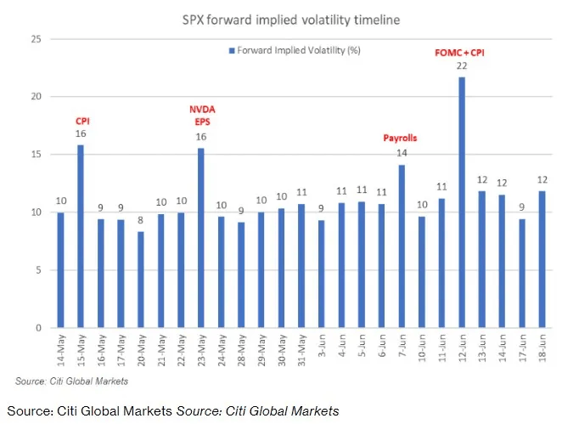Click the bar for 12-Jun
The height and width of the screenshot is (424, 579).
(x=462, y=202)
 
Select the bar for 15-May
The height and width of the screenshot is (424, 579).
(x=81, y=236)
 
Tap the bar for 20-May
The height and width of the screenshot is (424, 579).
(x=141, y=280)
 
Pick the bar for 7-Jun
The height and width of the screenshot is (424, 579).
(x=402, y=246)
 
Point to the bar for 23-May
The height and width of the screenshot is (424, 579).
(x=201, y=238)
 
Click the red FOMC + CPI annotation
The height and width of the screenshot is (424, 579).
(x=459, y=53)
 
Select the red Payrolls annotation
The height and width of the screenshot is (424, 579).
(x=400, y=138)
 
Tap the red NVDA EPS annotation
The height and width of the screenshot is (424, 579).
(x=202, y=116)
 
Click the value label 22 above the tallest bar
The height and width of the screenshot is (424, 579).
(x=462, y=65)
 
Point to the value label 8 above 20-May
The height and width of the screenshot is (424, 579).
(x=140, y=220)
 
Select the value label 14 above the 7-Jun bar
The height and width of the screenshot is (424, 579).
(x=402, y=153)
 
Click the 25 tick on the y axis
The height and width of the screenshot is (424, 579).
(x=37, y=39)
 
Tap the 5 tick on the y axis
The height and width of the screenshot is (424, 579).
(x=39, y=270)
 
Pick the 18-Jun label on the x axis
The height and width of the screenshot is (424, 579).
(x=542, y=348)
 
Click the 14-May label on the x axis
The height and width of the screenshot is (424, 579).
(x=61, y=350)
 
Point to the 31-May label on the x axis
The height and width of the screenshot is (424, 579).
(x=301, y=350)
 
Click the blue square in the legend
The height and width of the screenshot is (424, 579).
(x=232, y=51)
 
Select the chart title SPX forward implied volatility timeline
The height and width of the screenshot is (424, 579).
(x=291, y=20)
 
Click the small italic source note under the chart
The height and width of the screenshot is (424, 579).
(x=71, y=382)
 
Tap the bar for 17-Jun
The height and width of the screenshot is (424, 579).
(x=522, y=274)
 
